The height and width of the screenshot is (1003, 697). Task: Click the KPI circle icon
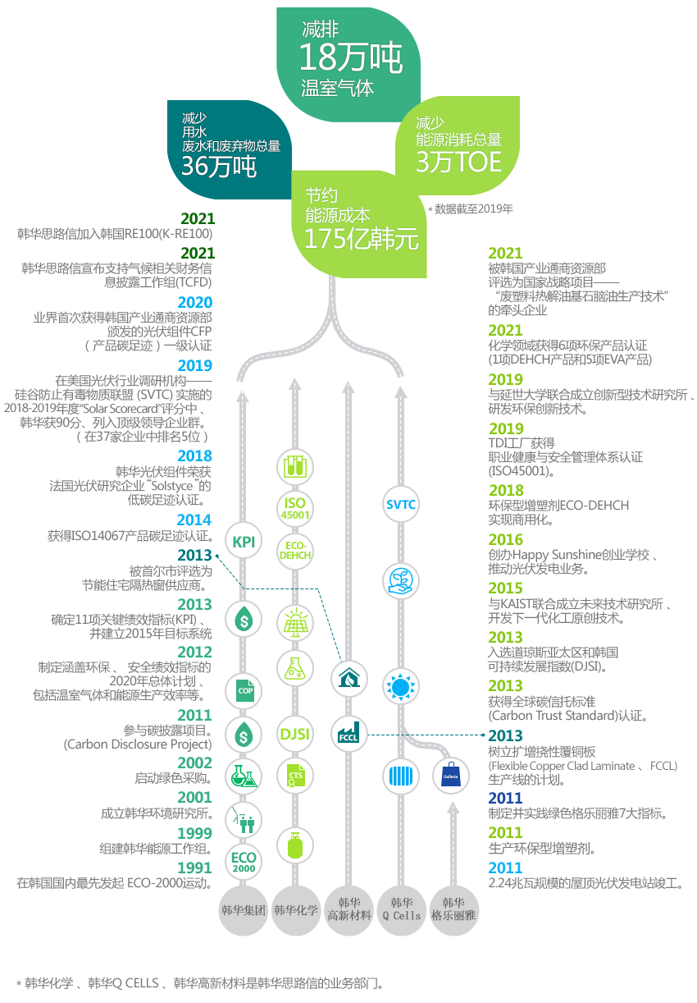tap(244, 541)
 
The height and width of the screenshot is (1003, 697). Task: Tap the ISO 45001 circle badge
tap(294, 509)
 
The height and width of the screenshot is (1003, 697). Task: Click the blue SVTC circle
tap(400, 505)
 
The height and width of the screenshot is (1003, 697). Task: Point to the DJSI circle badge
tap(294, 734)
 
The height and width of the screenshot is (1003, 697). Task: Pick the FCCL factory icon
tap(348, 734)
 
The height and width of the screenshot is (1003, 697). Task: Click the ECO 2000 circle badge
tap(244, 862)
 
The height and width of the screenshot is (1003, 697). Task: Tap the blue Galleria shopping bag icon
tap(450, 776)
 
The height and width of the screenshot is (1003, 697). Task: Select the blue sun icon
tap(400, 686)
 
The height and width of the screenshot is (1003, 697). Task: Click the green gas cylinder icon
tap(294, 845)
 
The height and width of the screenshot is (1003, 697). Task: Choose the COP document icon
tap(244, 690)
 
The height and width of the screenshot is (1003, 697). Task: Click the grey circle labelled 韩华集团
tap(244, 910)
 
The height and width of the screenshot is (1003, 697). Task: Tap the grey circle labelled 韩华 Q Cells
tap(401, 910)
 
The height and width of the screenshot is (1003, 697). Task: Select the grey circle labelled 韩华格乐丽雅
tap(453, 910)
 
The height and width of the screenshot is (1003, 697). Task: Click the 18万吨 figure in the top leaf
tap(351, 57)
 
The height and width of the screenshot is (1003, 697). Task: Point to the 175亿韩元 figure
tap(361, 239)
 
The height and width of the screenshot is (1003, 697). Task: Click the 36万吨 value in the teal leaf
tap(219, 166)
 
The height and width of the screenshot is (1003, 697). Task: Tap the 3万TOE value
tap(458, 162)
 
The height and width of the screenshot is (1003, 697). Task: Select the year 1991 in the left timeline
tap(194, 868)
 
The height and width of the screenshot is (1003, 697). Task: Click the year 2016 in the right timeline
tap(505, 539)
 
